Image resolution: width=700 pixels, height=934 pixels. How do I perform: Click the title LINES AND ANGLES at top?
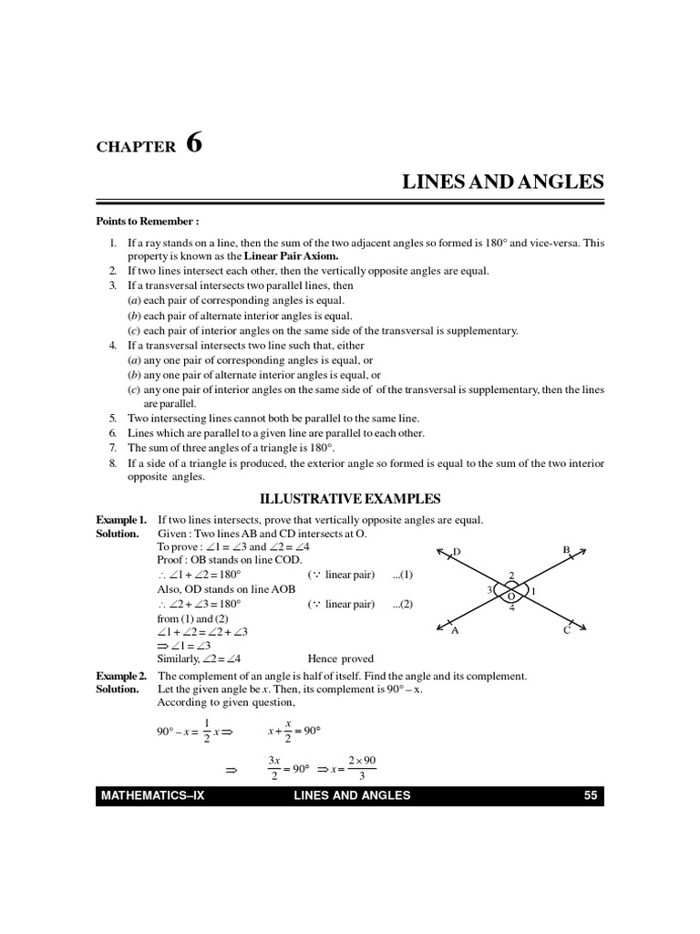[x=503, y=182]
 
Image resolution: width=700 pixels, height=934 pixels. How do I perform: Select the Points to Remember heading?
[x=148, y=222]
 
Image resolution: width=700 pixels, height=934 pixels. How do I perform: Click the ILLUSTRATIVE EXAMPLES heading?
[x=350, y=499]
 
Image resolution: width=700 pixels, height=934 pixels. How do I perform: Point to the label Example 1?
[x=121, y=520]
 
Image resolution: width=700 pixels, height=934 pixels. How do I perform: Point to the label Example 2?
[x=121, y=676]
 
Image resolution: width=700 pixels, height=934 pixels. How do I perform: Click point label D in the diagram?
[x=457, y=552]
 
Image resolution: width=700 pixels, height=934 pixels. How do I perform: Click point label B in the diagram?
[x=566, y=550]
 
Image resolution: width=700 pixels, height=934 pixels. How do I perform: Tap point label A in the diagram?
[x=454, y=630]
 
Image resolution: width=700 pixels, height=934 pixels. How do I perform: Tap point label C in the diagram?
[x=566, y=630]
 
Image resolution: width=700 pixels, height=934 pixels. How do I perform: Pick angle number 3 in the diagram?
[x=490, y=590]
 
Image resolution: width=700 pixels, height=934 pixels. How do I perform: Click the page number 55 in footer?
[x=590, y=795]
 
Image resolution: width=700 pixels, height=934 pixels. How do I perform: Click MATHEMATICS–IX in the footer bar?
[x=154, y=795]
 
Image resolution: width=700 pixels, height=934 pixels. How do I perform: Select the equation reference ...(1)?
[x=402, y=575]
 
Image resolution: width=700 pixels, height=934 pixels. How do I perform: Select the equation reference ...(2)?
[x=402, y=604]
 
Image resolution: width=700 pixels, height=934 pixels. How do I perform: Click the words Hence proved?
[x=341, y=659]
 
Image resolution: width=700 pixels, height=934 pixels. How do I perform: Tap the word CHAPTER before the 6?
[x=136, y=148]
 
